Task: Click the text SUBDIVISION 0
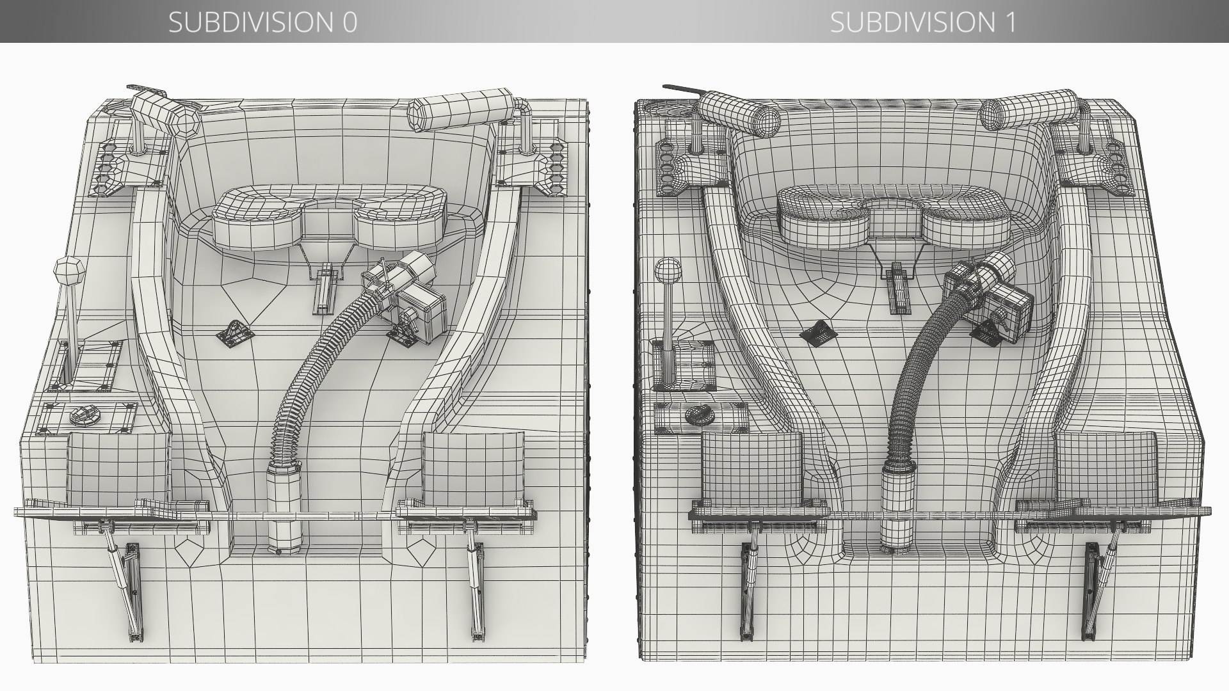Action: [x=262, y=22]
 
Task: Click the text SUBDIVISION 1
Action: [x=922, y=22]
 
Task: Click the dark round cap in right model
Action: [x=700, y=415]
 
